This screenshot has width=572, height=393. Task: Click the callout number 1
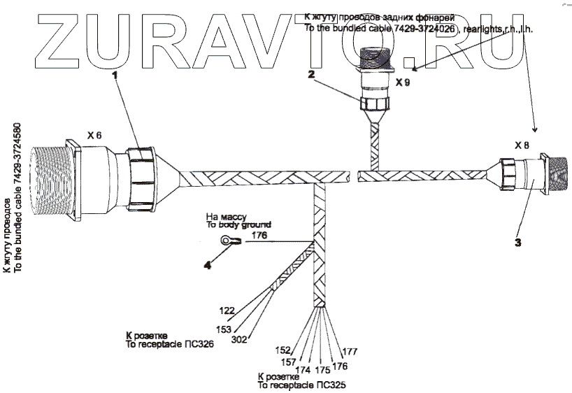(x=115, y=76)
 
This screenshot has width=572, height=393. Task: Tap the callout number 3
(x=517, y=243)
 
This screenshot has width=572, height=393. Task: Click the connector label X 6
(x=94, y=133)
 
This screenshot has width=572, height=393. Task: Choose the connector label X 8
(x=522, y=145)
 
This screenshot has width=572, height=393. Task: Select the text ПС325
(x=333, y=385)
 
